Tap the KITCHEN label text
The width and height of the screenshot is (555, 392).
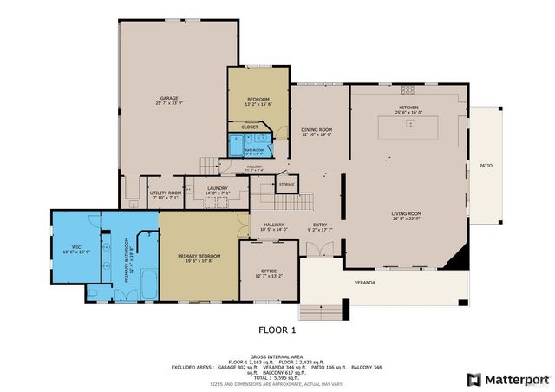(x=408, y=110)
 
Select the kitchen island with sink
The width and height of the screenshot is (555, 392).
(x=408, y=128)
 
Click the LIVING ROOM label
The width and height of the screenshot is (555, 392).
(x=406, y=215)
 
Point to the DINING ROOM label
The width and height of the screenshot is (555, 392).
(x=317, y=131)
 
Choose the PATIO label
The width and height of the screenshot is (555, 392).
(x=486, y=165)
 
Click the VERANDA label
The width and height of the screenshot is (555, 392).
(x=365, y=284)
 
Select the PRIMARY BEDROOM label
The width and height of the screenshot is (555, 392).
(x=199, y=257)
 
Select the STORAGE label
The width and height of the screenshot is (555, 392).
(x=287, y=184)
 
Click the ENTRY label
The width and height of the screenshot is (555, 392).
(x=319, y=226)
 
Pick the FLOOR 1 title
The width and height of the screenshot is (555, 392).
(x=277, y=330)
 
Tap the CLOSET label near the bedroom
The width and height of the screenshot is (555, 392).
(x=249, y=127)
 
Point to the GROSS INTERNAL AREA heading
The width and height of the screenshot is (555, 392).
(x=277, y=356)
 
